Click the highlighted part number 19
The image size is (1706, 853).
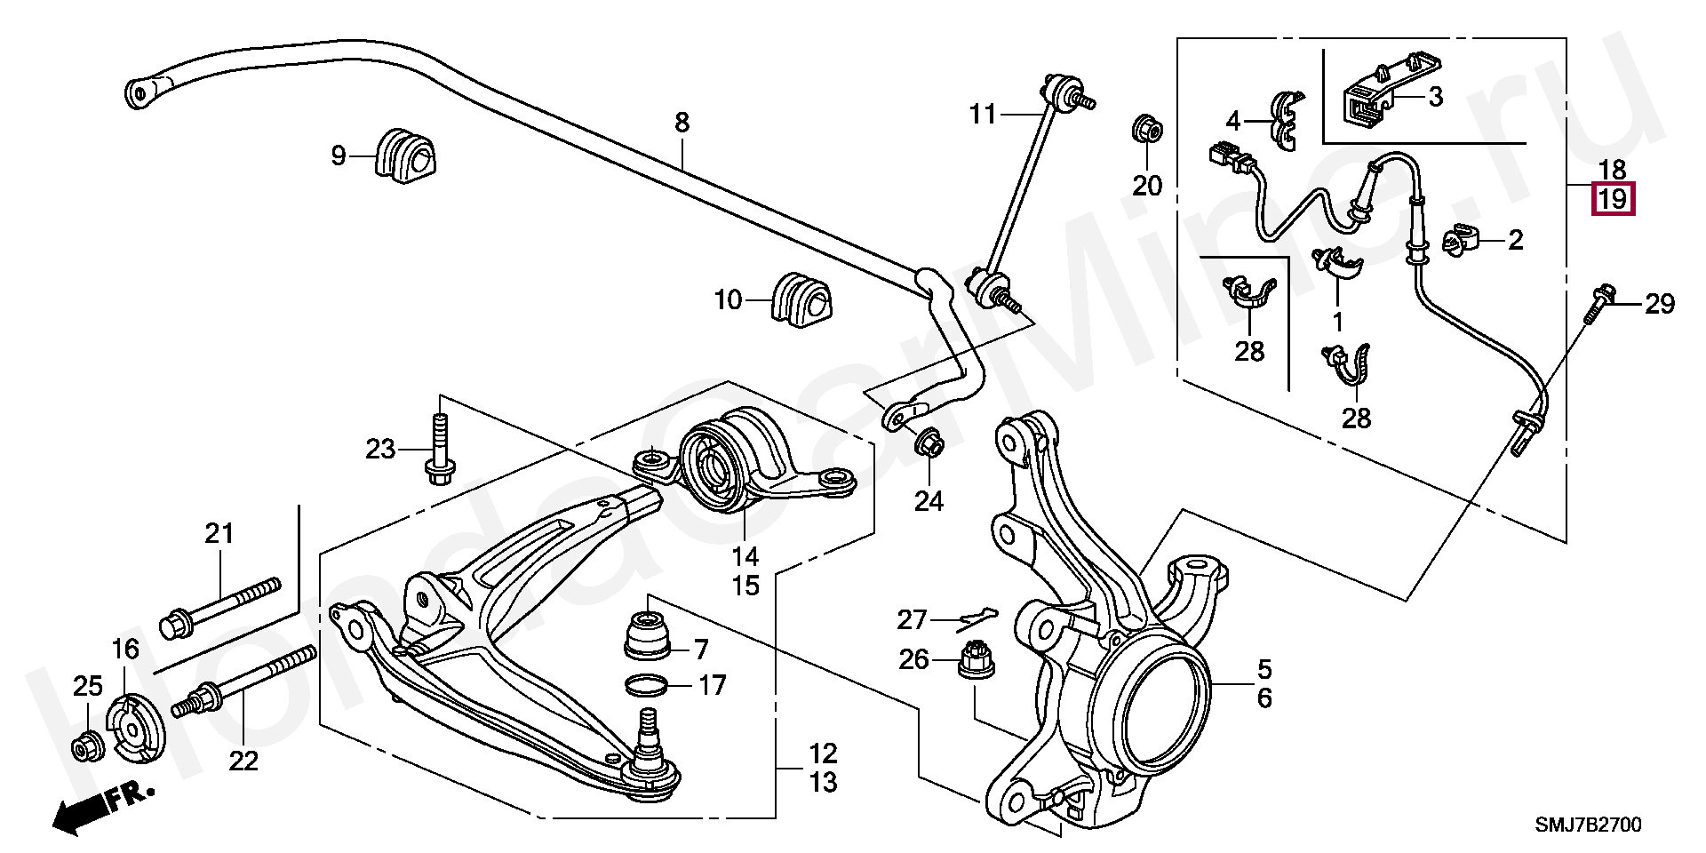[x=1612, y=198]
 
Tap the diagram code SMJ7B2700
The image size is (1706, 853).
[x=1589, y=825]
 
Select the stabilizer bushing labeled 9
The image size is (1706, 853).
[x=407, y=156]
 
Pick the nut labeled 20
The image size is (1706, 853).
[x=1146, y=130]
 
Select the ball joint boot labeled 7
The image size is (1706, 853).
[x=648, y=636]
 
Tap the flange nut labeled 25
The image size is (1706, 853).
[x=87, y=748]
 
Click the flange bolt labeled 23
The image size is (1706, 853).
[x=439, y=450]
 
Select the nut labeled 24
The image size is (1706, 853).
[x=928, y=442]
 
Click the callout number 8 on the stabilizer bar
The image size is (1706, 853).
[x=682, y=123]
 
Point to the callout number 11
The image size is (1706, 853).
[x=982, y=115]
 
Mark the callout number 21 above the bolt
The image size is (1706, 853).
[x=219, y=533]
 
